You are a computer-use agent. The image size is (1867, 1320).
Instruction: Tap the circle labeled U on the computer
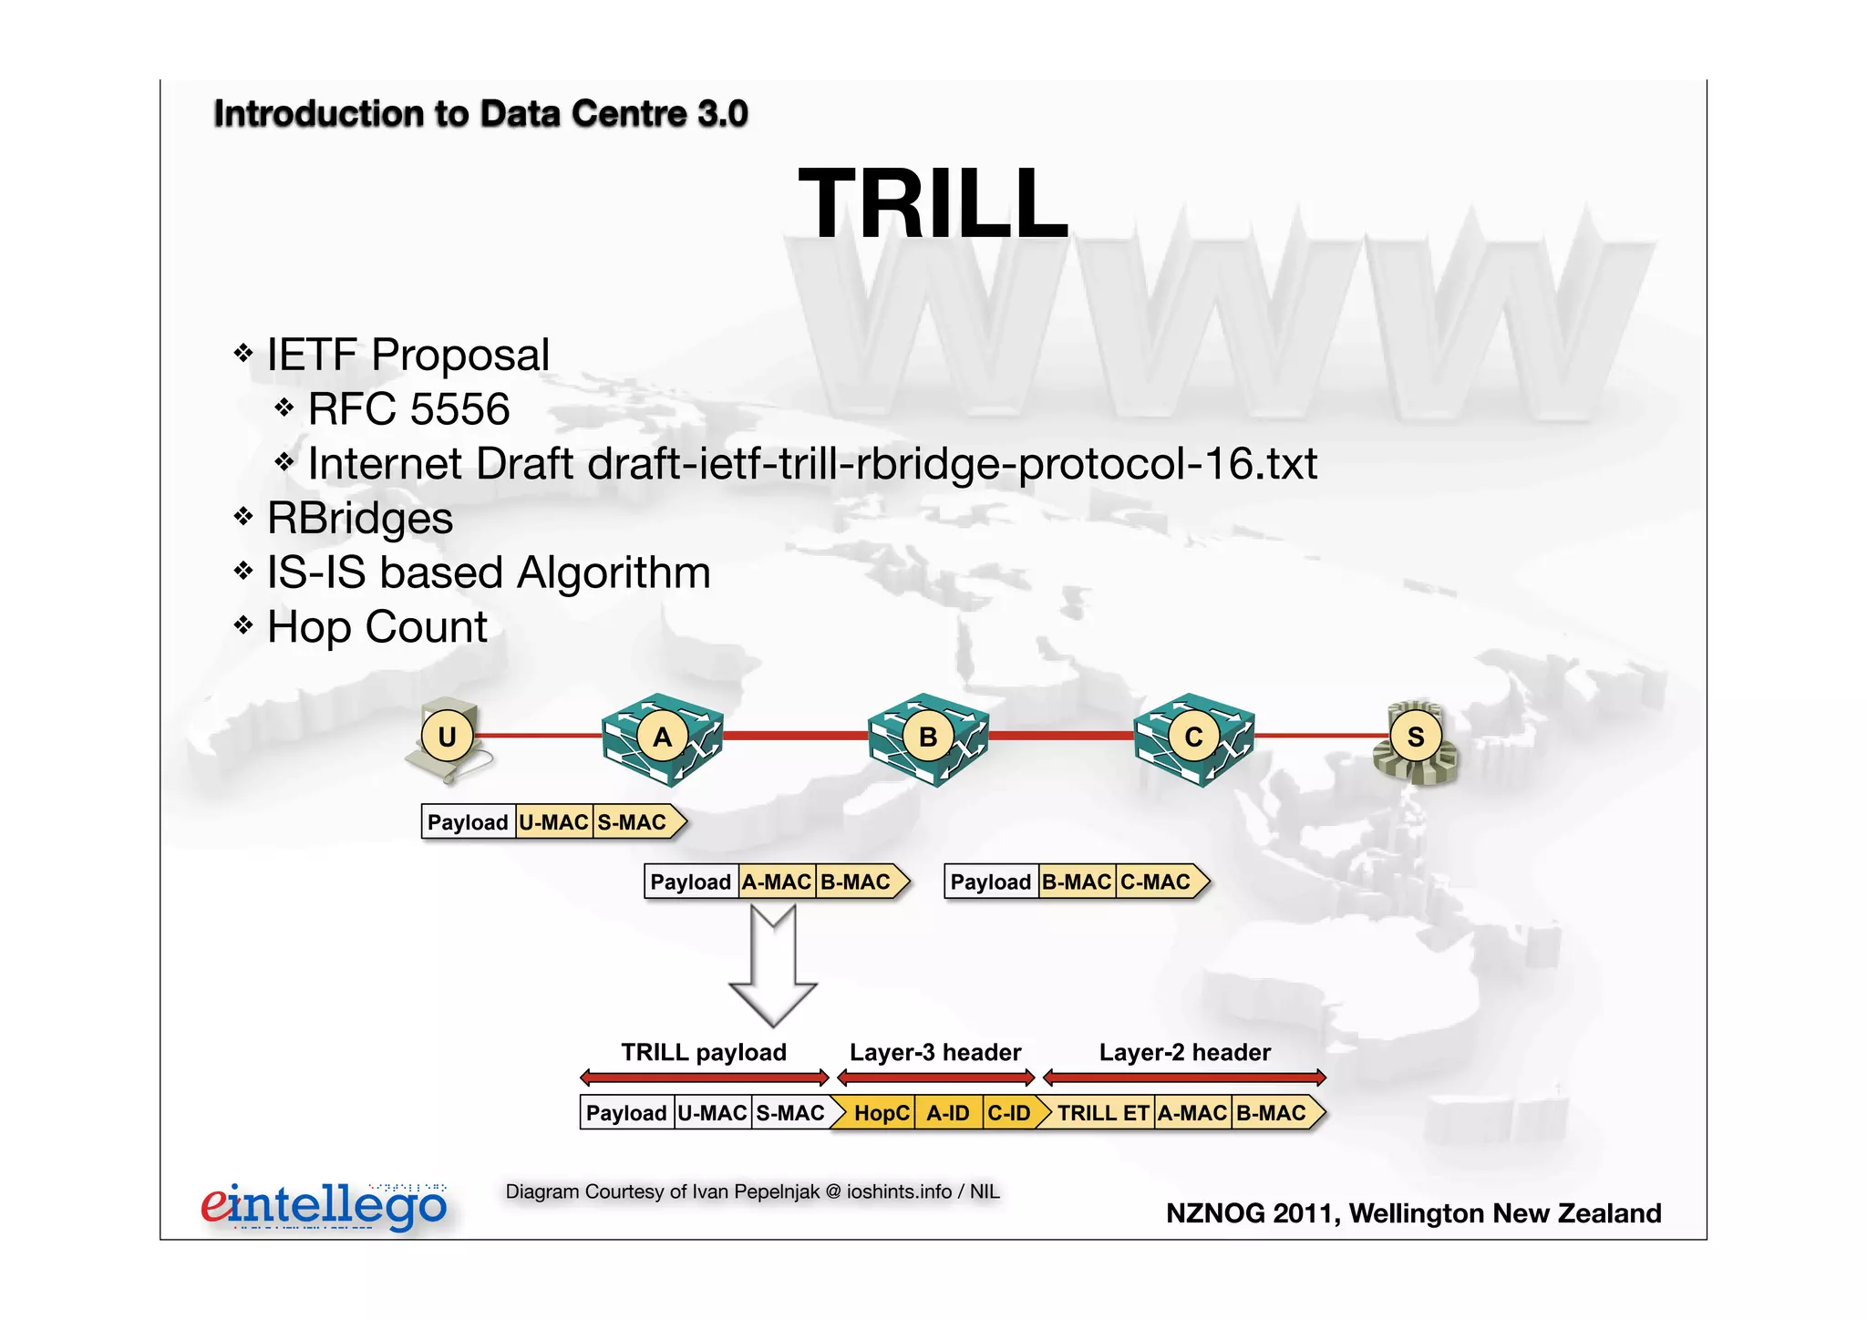tap(447, 736)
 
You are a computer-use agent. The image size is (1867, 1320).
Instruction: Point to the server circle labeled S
tap(1415, 737)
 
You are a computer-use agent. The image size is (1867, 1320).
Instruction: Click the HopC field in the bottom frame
tap(881, 1113)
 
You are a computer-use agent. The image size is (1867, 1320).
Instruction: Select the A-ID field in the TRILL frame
tap(948, 1113)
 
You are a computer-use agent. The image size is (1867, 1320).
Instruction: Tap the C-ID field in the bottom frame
tap(1008, 1113)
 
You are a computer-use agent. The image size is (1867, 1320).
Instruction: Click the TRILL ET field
tap(1103, 1113)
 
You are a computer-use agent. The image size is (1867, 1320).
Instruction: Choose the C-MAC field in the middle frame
tap(1155, 882)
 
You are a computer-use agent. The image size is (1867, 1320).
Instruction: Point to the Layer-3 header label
tap(935, 1053)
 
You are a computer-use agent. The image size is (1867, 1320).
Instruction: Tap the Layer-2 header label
tap(1184, 1053)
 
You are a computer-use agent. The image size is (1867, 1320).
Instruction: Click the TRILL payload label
tap(704, 1053)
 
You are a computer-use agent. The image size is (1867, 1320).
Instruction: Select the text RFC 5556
tap(408, 409)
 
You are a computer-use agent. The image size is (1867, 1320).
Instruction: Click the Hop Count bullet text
tap(377, 627)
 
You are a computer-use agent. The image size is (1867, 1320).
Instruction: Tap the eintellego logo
tap(324, 1206)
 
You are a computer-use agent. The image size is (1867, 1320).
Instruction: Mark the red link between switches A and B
tap(795, 736)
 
